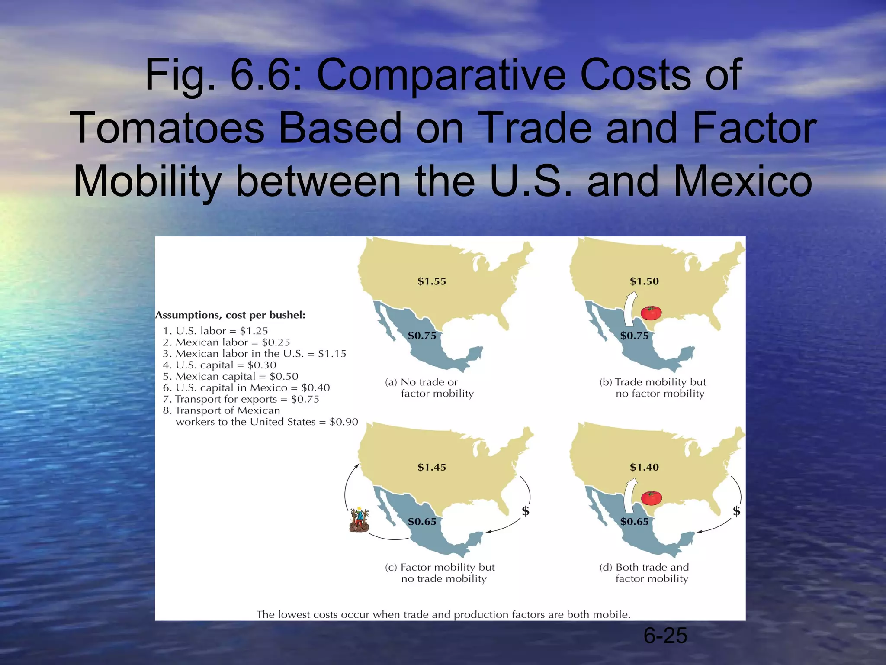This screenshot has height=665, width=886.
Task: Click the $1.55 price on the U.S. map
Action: (431, 281)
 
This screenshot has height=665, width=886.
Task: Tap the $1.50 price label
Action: (644, 281)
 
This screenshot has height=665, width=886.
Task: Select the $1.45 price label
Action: (431, 467)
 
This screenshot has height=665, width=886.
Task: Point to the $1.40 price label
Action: (644, 467)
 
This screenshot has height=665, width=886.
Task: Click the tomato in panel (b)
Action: (651, 312)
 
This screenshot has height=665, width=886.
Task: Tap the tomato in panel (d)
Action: (651, 498)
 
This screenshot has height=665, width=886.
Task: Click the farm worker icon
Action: (359, 520)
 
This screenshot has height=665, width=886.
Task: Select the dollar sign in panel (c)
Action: (526, 511)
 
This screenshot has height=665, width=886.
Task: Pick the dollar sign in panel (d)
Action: (736, 511)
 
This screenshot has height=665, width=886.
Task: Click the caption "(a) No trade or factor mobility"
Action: (429, 388)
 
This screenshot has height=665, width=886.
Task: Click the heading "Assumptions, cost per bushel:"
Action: (230, 315)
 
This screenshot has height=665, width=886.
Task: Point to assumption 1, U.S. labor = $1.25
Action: (215, 331)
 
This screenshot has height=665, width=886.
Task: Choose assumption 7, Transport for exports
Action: (241, 399)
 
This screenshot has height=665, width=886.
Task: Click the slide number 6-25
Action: (665, 636)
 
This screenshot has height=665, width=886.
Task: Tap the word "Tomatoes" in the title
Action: (169, 128)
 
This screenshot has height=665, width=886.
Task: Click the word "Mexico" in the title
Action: (743, 181)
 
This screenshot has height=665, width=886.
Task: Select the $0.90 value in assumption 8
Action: (343, 422)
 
